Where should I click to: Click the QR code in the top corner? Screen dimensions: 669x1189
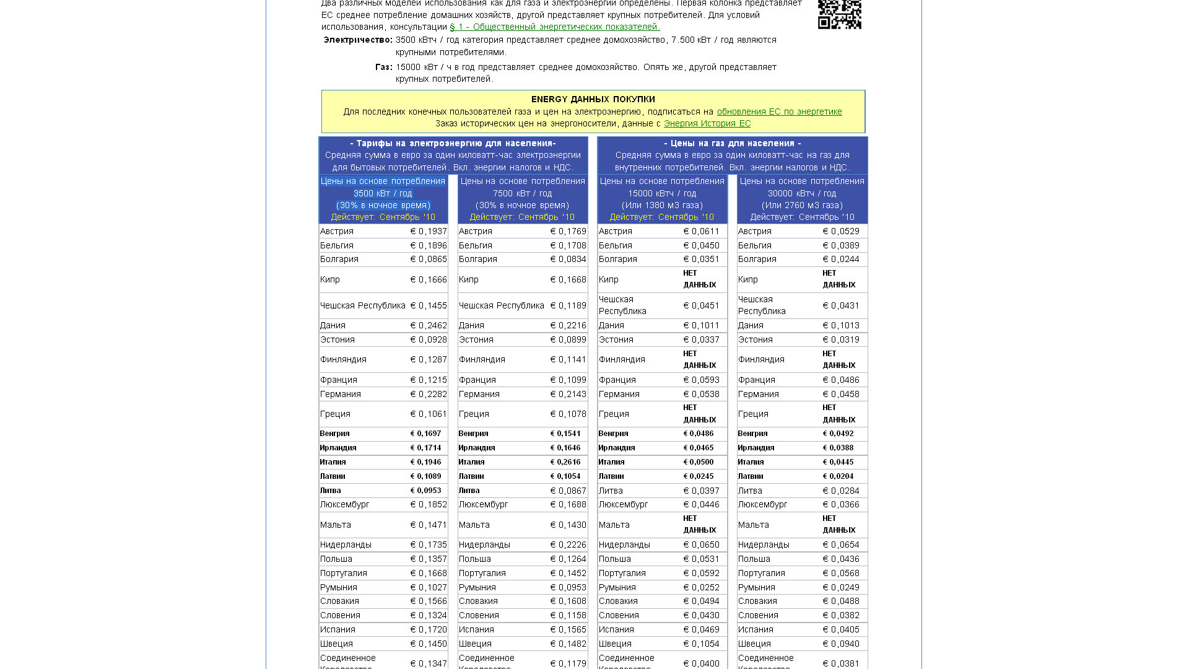click(x=839, y=14)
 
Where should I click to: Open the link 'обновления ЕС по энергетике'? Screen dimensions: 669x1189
click(x=779, y=111)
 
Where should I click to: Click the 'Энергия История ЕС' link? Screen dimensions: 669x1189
click(x=707, y=123)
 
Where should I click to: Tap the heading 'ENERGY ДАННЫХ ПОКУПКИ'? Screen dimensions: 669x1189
click(x=593, y=99)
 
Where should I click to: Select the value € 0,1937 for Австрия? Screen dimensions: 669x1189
click(x=428, y=231)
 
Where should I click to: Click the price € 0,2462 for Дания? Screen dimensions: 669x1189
click(x=428, y=325)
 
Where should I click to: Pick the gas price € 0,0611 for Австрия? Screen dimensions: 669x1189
click(x=701, y=231)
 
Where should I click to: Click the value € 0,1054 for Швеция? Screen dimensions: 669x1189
click(x=701, y=644)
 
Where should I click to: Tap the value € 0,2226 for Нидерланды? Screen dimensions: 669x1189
click(x=568, y=544)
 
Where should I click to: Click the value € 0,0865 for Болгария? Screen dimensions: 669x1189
click(x=428, y=259)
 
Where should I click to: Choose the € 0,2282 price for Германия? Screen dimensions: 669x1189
click(x=428, y=394)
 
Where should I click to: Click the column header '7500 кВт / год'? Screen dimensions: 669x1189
click(x=522, y=193)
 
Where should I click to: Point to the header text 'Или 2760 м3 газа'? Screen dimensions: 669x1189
click(x=802, y=205)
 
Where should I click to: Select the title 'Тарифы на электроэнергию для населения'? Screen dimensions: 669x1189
click(x=453, y=143)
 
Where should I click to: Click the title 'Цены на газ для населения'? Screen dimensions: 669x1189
click(x=732, y=143)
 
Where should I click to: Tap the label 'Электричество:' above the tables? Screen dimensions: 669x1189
click(x=358, y=40)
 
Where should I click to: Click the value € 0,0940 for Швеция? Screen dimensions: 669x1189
click(x=840, y=644)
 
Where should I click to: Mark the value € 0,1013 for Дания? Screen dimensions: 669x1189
click(x=840, y=325)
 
